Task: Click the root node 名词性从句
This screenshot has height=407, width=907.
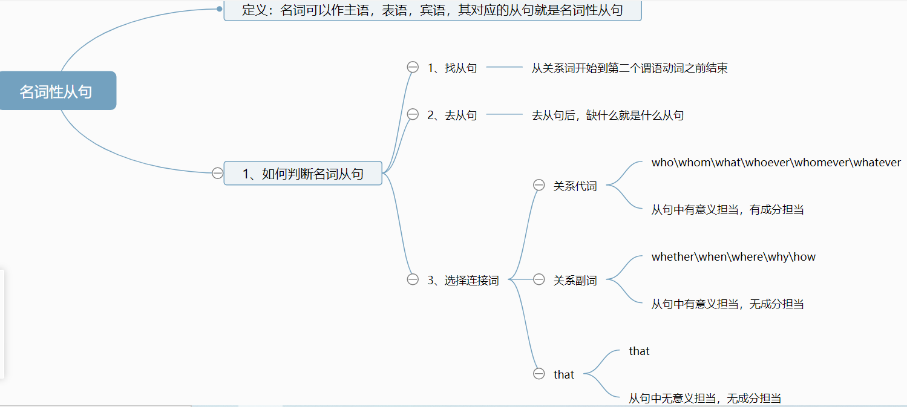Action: click(x=56, y=91)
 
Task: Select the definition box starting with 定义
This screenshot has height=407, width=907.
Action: click(x=432, y=10)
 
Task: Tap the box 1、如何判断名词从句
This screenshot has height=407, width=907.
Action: click(x=303, y=174)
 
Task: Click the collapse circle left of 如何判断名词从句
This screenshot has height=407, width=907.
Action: click(x=217, y=174)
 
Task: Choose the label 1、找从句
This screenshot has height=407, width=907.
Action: click(x=452, y=68)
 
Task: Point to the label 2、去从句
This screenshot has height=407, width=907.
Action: click(x=452, y=116)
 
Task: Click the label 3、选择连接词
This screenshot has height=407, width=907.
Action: click(x=463, y=281)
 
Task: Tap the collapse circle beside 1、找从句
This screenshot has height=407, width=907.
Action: click(x=413, y=67)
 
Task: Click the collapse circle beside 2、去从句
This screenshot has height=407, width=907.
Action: click(x=413, y=114)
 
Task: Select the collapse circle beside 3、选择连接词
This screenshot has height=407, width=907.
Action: click(x=413, y=279)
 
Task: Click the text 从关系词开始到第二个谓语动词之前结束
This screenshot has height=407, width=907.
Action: click(x=629, y=68)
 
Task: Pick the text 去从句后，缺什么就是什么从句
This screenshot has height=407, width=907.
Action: click(x=607, y=116)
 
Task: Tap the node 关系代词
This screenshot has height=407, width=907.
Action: click(x=575, y=186)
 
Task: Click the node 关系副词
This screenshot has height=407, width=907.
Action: click(x=575, y=281)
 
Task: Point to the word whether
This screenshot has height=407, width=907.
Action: click(x=673, y=257)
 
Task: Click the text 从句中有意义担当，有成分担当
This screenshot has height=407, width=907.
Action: click(x=727, y=210)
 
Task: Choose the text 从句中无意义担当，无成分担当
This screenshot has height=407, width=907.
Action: click(x=705, y=399)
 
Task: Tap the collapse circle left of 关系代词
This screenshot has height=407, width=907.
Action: click(x=539, y=185)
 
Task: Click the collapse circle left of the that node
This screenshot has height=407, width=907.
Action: click(x=539, y=374)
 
